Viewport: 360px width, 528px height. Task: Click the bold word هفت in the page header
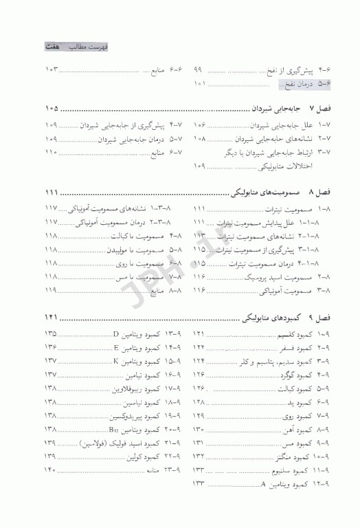pyautogui.click(x=49, y=45)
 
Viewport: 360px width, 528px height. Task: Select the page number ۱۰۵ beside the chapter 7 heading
pyautogui.click(x=51, y=109)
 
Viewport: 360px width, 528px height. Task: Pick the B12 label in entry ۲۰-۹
pyautogui.click(x=115, y=430)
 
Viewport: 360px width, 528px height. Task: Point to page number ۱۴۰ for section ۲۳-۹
pyautogui.click(x=52, y=471)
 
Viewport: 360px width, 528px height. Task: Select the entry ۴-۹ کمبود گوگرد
pyautogui.click(x=299, y=375)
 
